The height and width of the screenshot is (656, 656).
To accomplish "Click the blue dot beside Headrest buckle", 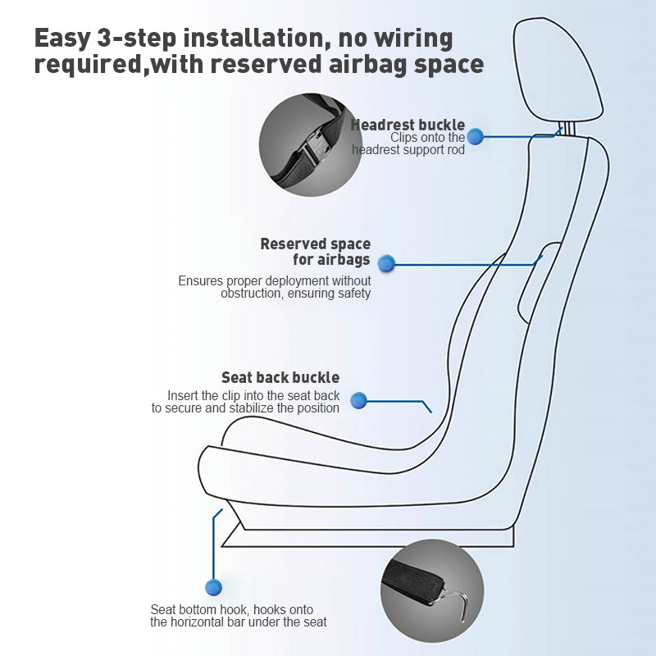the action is click(x=475, y=137).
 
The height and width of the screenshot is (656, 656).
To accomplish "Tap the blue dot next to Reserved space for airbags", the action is click(x=386, y=263).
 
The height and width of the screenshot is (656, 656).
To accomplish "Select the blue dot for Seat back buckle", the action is click(x=358, y=401).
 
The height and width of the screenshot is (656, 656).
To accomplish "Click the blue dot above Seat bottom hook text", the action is click(x=213, y=587).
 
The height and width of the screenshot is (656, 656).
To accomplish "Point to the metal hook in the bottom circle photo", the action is click(x=455, y=604).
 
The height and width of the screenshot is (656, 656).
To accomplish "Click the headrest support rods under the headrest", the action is click(x=567, y=130).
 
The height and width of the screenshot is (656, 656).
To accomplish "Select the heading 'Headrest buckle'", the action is click(x=408, y=125).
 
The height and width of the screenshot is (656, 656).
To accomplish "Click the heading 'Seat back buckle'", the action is click(x=280, y=377).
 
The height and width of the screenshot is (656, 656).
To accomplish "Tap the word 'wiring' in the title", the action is click(x=413, y=39).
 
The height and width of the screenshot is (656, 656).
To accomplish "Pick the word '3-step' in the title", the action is click(x=137, y=38).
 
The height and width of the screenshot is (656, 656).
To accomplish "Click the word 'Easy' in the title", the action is click(x=62, y=39).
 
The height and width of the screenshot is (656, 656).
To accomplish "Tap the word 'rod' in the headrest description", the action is click(x=456, y=150).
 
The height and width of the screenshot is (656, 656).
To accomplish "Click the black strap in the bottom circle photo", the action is click(x=414, y=581).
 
